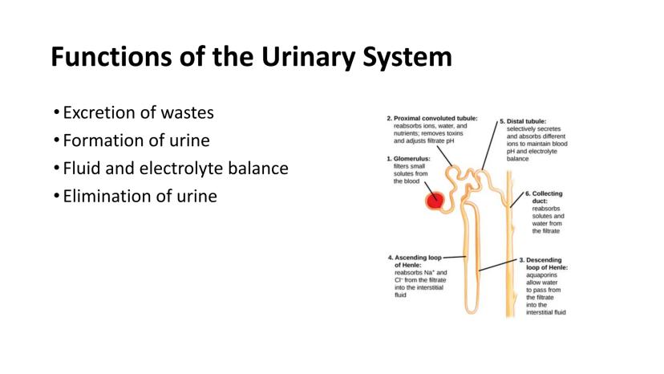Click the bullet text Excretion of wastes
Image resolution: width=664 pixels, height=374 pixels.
coord(138,113)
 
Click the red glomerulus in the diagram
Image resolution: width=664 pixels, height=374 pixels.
coord(435,201)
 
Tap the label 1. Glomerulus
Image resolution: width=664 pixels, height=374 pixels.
coord(409,159)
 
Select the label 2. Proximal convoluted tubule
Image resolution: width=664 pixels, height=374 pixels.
coord(433,118)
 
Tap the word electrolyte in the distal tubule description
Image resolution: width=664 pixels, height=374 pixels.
coord(550,151)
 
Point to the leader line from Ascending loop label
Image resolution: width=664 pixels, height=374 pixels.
coord(454,258)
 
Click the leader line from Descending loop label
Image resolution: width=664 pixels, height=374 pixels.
coord(497,265)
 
